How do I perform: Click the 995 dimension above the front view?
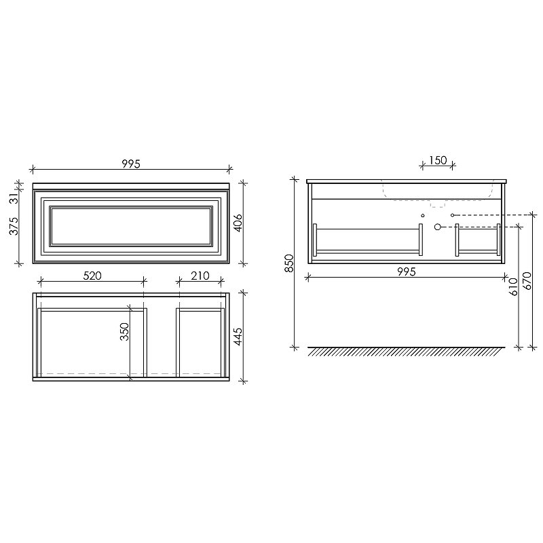tap(131, 164)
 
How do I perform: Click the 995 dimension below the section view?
tap(406, 272)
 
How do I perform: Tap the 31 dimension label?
tap(13, 199)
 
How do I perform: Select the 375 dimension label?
tap(13, 226)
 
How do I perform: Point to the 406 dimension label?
tap(238, 223)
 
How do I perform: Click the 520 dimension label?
tap(92, 276)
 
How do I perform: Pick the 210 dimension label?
tap(200, 276)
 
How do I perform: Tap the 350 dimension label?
tap(124, 331)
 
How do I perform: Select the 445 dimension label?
tap(238, 337)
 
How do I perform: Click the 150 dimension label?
tap(438, 160)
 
